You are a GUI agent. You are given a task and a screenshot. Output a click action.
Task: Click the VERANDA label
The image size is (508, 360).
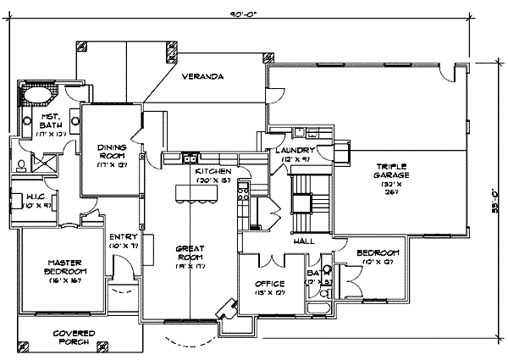coord(206,77)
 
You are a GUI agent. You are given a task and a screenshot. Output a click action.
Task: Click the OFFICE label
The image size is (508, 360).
coord(269,283)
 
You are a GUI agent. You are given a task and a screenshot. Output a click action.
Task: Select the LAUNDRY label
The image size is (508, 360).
coord(296,151)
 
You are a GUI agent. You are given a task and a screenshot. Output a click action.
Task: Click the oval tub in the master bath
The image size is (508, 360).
coord(35,95)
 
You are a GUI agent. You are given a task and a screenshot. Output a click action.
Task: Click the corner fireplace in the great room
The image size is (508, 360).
coord(227,308)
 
